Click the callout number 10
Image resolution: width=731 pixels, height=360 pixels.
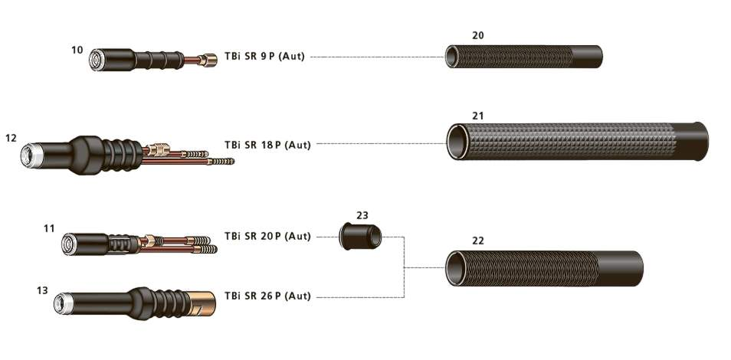tap(77, 50)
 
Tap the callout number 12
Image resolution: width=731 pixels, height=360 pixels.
tap(11, 138)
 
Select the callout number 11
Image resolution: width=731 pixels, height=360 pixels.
tap(49, 228)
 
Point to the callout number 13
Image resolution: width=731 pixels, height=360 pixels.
tap(42, 290)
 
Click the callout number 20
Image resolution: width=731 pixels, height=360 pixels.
tap(478, 35)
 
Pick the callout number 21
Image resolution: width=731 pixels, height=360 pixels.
tap(478, 116)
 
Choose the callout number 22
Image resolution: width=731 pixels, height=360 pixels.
tap(478, 241)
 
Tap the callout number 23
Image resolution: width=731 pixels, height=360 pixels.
tap(362, 215)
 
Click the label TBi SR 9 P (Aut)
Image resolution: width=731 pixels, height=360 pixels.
tap(264, 57)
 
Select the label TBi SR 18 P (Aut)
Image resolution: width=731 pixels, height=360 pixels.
tap(267, 145)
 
